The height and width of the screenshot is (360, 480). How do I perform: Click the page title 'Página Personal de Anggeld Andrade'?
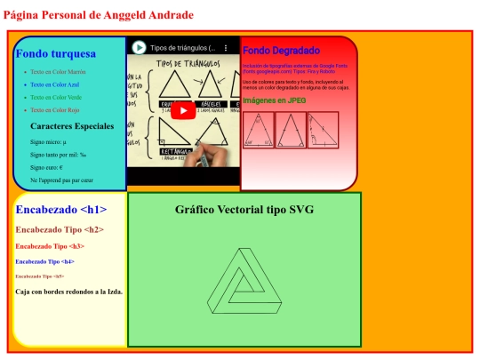point(98,15)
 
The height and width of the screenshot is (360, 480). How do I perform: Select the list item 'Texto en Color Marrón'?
point(57,71)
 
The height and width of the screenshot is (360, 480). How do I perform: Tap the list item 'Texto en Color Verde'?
point(55,96)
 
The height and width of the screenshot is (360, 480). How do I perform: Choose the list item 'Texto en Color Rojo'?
point(54,109)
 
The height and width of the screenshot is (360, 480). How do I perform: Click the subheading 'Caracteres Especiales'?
point(72,126)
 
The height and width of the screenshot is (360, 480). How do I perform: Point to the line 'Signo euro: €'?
point(46,167)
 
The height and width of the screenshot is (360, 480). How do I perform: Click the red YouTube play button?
point(182,110)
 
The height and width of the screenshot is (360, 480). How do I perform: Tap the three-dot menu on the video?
point(226,47)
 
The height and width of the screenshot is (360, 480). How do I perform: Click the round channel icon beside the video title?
point(140,47)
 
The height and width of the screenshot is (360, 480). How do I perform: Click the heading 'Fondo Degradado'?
point(281,51)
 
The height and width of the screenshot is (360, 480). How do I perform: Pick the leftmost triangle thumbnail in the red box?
point(259,130)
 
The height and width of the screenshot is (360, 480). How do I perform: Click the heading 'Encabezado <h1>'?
point(61,210)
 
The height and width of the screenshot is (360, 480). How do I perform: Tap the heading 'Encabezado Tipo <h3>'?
point(50,246)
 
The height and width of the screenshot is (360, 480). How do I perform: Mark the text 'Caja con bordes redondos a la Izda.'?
point(69,291)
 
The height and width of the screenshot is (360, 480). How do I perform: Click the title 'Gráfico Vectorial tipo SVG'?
point(244,210)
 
